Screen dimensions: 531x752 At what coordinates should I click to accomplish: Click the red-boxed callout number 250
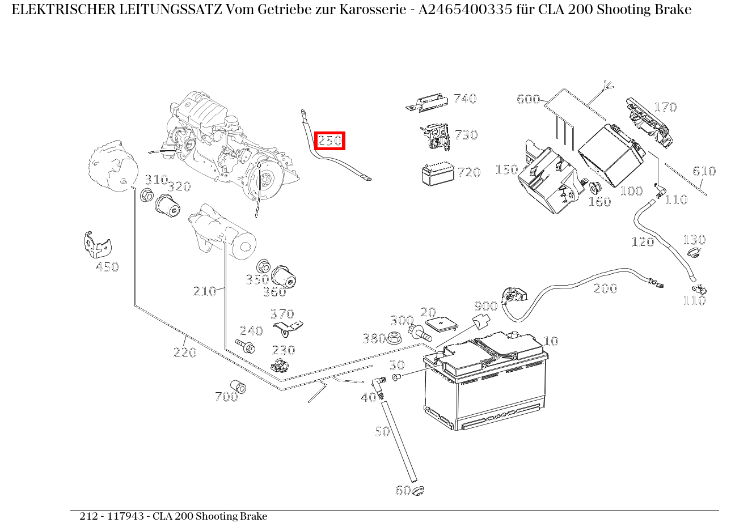(x=329, y=141)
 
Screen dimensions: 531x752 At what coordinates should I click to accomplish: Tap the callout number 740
(x=465, y=99)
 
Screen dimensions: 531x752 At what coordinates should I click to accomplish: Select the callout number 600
(x=528, y=100)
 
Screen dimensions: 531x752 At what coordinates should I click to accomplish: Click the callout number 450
(x=107, y=267)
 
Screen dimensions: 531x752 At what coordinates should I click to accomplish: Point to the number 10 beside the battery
(x=551, y=341)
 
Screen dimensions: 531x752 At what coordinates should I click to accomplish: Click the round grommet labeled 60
(x=418, y=490)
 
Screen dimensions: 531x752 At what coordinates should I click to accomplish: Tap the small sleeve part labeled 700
(x=238, y=386)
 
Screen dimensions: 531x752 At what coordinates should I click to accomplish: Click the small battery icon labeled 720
(x=437, y=174)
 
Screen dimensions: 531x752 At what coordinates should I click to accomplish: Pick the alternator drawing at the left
(x=113, y=168)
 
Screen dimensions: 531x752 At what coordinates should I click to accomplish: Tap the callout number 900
(x=485, y=307)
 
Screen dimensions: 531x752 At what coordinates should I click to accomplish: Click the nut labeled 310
(x=146, y=196)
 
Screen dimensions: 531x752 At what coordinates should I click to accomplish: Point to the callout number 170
(x=665, y=107)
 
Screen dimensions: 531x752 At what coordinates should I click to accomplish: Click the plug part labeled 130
(x=691, y=252)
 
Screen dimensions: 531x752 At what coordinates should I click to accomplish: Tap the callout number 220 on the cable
(x=185, y=352)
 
